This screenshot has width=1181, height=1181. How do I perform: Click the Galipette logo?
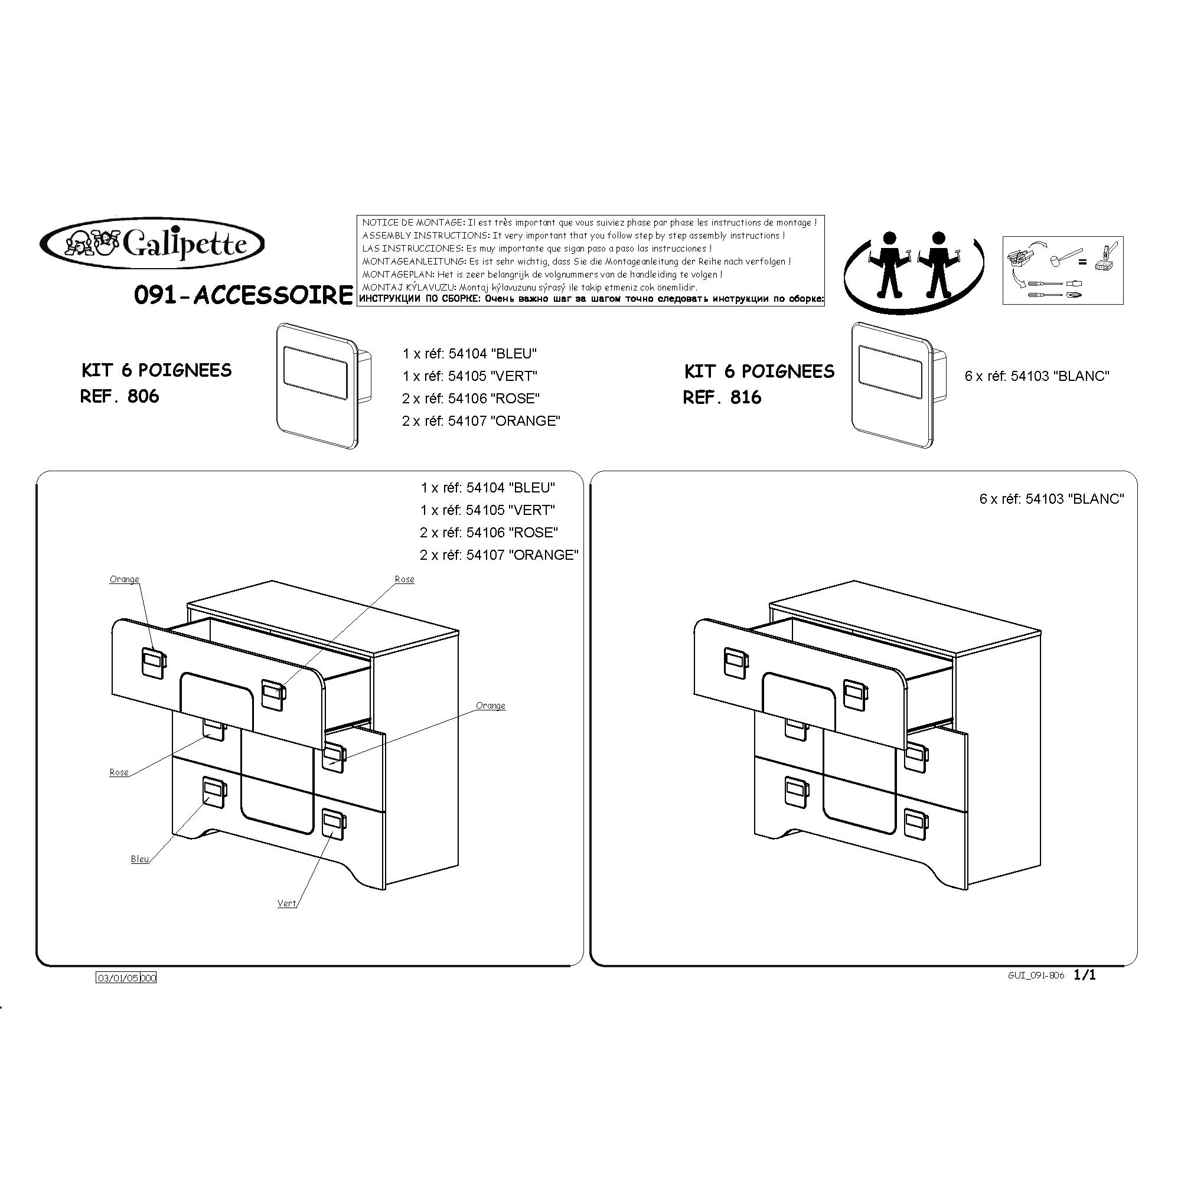coord(152,244)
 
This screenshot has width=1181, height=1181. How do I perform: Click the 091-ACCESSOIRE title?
coord(243,295)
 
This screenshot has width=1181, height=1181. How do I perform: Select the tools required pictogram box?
coord(1062,270)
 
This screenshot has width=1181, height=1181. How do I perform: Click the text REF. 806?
coord(120,396)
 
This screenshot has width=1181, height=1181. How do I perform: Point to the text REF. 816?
coord(723,397)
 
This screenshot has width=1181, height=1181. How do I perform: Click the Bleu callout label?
coord(140,859)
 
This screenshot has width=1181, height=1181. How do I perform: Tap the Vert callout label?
coord(287,903)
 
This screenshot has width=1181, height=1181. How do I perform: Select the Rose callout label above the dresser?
coord(404,579)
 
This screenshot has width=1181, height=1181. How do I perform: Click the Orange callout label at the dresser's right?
coord(490,706)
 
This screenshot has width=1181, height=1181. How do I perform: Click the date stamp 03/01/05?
coord(119,978)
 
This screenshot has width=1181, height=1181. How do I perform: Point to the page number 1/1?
coord(1085,975)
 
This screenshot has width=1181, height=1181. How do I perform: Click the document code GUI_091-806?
coord(1036,976)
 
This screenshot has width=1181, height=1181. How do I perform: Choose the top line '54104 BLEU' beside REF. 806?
coord(469,353)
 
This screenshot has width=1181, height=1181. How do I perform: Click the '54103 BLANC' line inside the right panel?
coord(1052,499)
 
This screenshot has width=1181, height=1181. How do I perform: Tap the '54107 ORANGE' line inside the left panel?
coord(499,555)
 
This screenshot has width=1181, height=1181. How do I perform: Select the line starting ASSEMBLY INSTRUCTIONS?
coord(573,236)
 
